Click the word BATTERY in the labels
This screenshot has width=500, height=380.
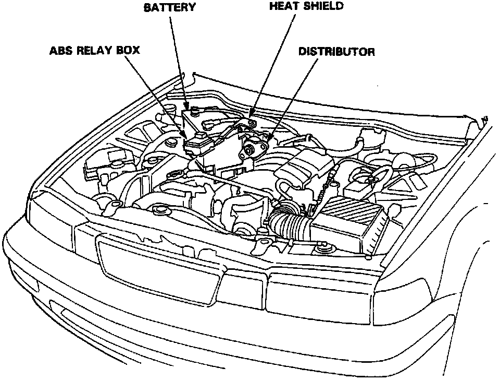click(170, 7)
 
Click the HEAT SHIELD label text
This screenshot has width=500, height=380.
click(306, 6)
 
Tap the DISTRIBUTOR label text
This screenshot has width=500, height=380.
click(336, 52)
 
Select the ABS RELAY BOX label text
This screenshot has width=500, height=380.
click(94, 52)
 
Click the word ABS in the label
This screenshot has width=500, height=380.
click(61, 52)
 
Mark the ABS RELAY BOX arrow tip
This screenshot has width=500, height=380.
click(184, 135)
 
